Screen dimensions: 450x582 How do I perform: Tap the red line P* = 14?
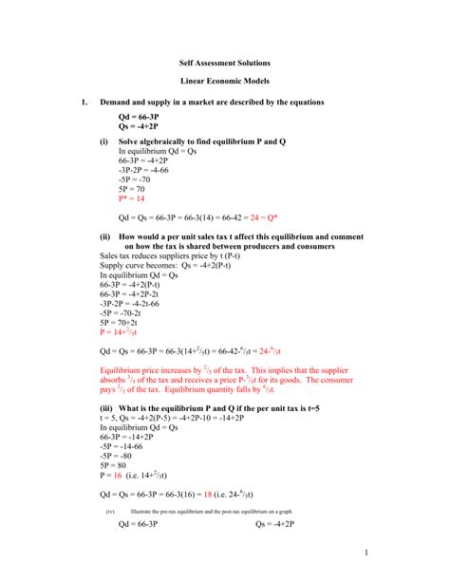(132, 199)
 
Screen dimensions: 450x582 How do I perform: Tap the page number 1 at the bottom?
(418, 552)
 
